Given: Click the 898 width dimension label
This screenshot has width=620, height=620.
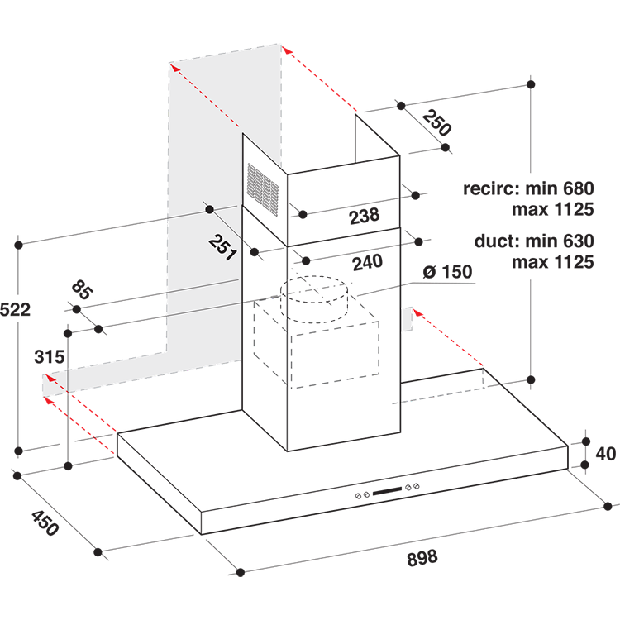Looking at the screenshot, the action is [422, 558].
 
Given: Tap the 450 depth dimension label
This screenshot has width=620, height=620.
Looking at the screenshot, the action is [45, 522].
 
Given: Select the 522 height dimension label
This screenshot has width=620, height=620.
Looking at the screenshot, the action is [15, 309].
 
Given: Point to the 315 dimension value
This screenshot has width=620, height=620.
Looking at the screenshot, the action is [49, 356].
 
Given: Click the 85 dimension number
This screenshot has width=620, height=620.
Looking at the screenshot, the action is [82, 290].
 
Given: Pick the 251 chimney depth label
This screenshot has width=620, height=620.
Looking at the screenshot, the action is [223, 247].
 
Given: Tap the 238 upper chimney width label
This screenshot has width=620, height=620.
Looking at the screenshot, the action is [365, 216].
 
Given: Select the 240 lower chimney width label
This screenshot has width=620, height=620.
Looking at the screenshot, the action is [367, 263].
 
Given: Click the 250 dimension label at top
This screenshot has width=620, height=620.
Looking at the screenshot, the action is [436, 123].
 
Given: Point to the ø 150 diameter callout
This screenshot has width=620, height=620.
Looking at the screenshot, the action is [447, 272].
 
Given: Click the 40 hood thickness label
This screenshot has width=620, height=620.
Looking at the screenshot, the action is [605, 454].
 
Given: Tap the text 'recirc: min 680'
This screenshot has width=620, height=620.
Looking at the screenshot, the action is [528, 188].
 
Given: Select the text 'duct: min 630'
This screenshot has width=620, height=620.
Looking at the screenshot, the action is [534, 241].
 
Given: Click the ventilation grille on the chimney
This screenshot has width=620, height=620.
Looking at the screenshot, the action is [263, 190].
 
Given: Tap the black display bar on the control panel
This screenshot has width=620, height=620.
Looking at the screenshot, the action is [387, 491].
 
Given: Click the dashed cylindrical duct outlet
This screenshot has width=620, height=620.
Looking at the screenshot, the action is [314, 299].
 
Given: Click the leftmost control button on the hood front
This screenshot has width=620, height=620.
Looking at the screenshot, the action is [359, 496].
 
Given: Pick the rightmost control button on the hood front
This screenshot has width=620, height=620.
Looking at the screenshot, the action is [417, 486].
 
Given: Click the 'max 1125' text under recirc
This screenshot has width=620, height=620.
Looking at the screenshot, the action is [553, 209].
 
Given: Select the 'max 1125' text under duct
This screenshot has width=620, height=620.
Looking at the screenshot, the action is [553, 262].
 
